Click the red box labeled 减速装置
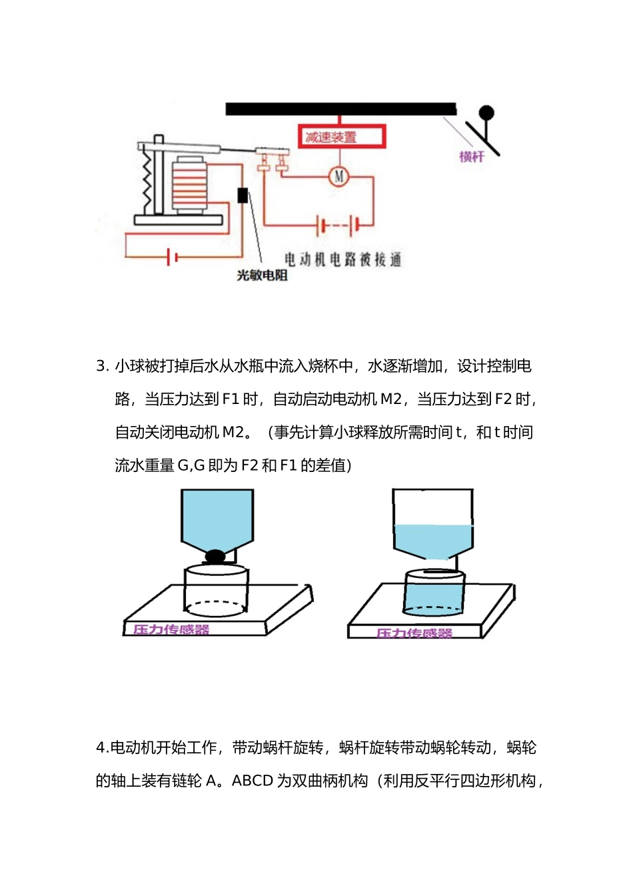pyautogui.click(x=340, y=137)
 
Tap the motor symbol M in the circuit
pyautogui.click(x=339, y=176)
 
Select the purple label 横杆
pyautogui.click(x=471, y=157)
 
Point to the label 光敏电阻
pyautogui.click(x=262, y=275)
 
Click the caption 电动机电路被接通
pyautogui.click(x=342, y=259)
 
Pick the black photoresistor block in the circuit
pyautogui.click(x=243, y=195)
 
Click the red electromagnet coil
pyautogui.click(x=190, y=185)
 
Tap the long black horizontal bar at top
pyautogui.click(x=340, y=109)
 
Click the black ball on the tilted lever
pyautogui.click(x=487, y=113)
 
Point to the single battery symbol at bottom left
pyautogui.click(x=171, y=256)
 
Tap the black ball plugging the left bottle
pyautogui.click(x=215, y=555)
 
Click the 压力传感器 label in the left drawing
pyautogui.click(x=171, y=629)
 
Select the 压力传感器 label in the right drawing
pyautogui.click(x=414, y=633)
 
